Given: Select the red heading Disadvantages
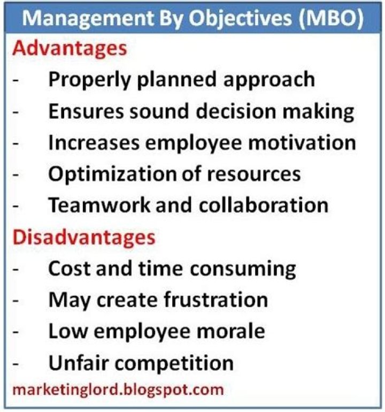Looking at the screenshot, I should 84,237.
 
